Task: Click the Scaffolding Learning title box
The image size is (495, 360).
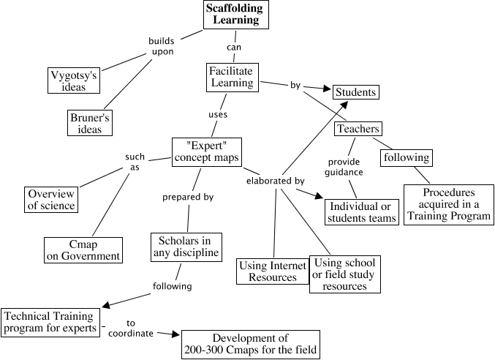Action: (x=236, y=14)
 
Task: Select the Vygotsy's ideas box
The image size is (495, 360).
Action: (x=74, y=80)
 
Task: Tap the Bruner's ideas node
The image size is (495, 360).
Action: (x=90, y=123)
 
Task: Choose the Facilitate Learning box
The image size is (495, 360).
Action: (x=233, y=78)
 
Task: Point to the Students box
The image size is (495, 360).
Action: (x=356, y=92)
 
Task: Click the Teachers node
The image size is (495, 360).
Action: (x=358, y=129)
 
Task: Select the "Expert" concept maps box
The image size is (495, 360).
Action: (x=207, y=152)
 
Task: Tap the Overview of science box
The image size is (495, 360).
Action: (x=51, y=200)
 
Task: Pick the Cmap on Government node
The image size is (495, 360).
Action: (x=83, y=250)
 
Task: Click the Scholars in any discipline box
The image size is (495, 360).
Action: (x=186, y=247)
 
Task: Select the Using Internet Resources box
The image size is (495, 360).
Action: (x=273, y=271)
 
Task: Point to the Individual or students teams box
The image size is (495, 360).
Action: (x=362, y=212)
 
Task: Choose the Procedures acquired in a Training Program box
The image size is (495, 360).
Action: (x=449, y=205)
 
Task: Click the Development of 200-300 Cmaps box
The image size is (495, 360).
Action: (x=251, y=345)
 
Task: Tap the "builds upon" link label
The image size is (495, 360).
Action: (x=162, y=46)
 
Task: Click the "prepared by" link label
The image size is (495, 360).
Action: (x=188, y=197)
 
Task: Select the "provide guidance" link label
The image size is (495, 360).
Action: (x=344, y=167)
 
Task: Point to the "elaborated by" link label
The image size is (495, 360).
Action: (x=275, y=181)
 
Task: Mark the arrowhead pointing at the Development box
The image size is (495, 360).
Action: (x=175, y=334)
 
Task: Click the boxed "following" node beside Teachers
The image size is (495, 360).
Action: (x=407, y=157)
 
